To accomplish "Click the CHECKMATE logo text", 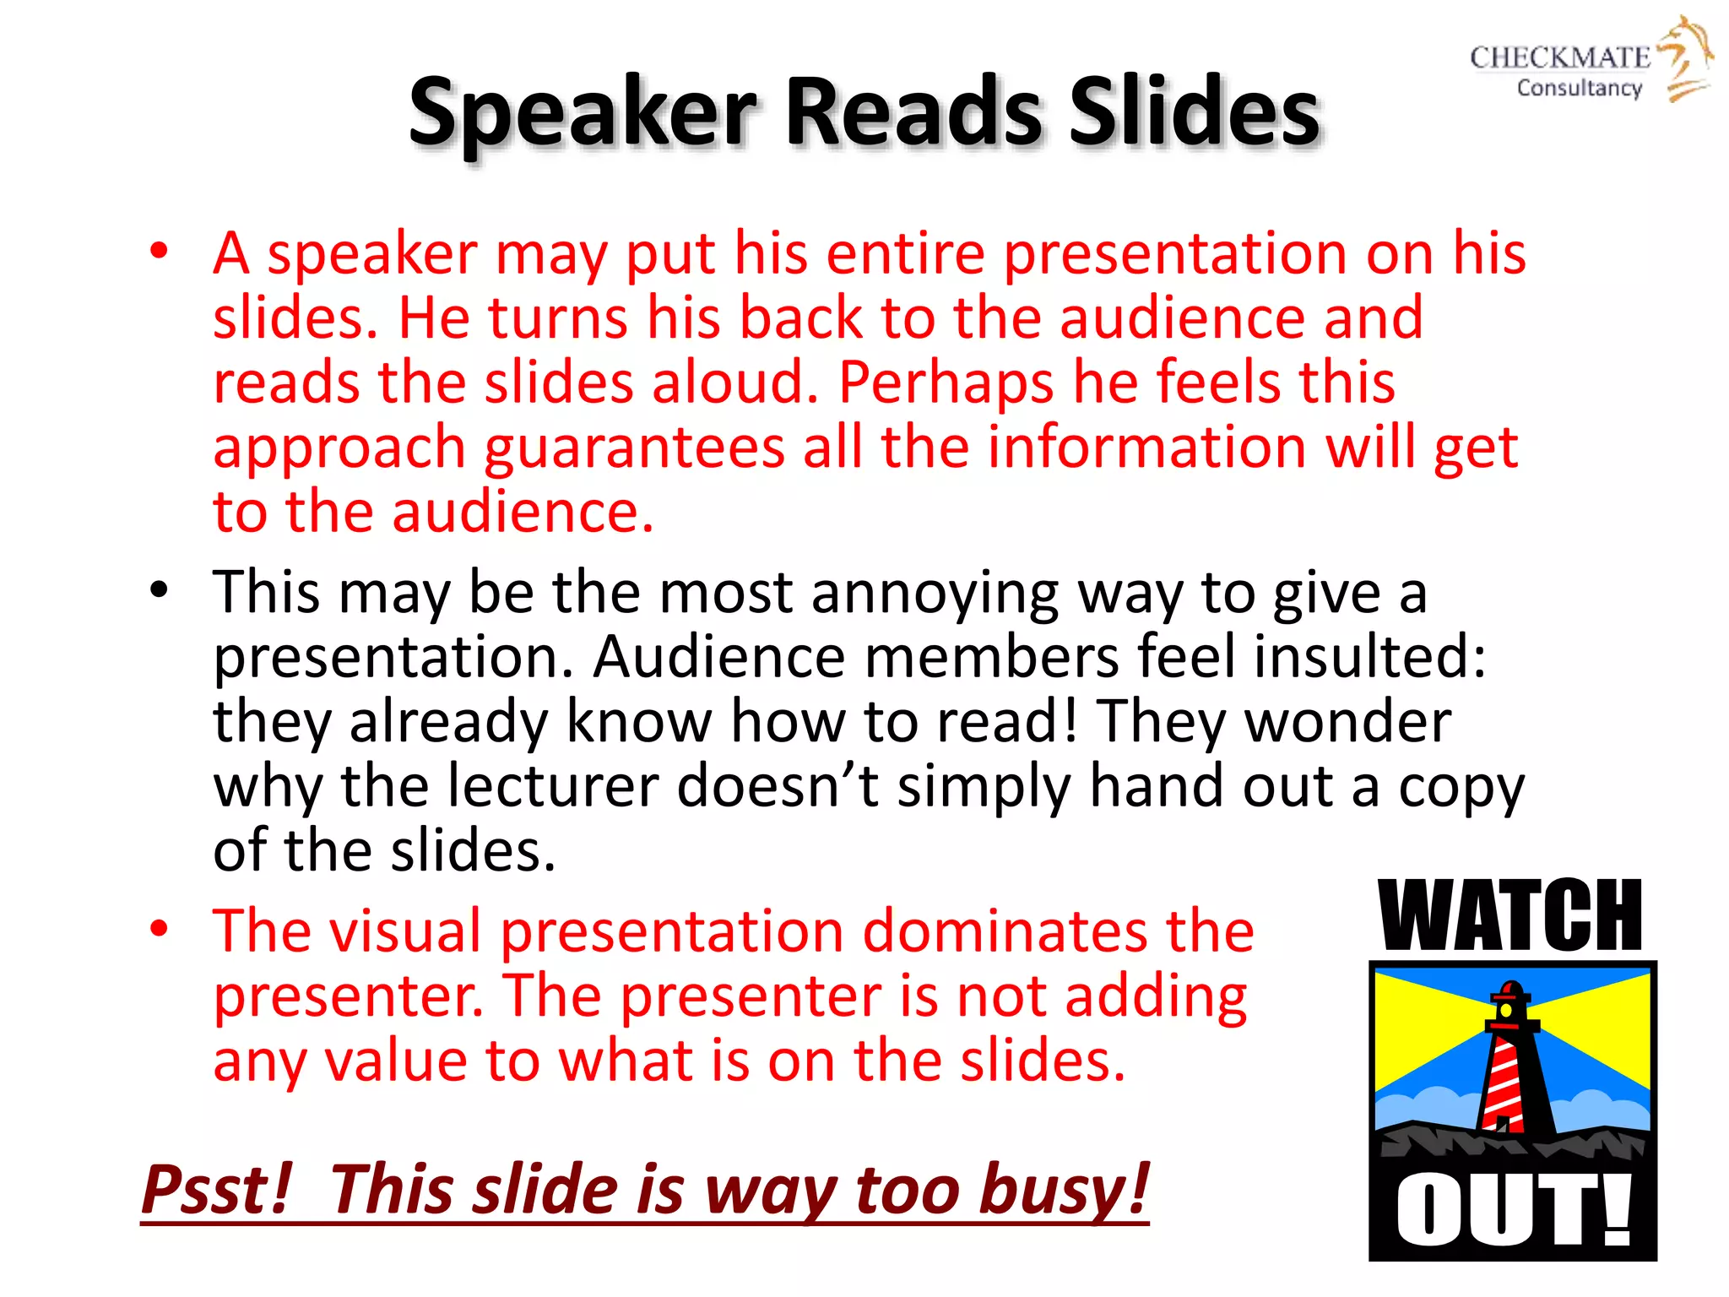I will coord(1559,57).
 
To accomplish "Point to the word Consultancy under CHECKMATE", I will coord(1579,88).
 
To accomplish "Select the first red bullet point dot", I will coord(159,252).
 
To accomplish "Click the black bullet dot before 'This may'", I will coord(159,590).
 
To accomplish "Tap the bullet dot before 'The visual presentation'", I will coord(159,929).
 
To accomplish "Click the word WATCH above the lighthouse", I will coord(1509,916).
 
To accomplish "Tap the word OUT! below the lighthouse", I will coord(1511,1210).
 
